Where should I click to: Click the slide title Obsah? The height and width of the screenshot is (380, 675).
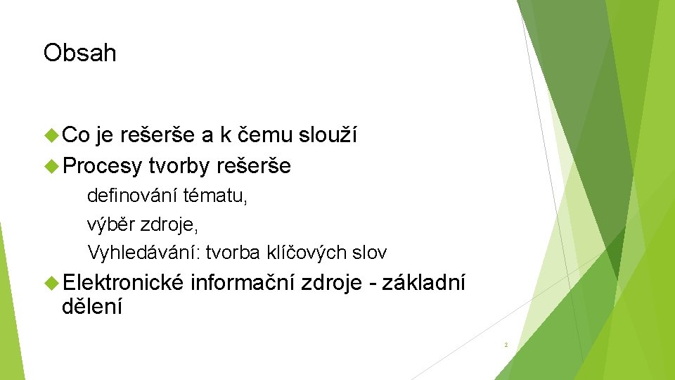tap(79, 53)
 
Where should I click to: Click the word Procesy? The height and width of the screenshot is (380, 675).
tap(102, 167)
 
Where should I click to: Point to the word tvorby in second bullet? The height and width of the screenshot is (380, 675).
tap(179, 167)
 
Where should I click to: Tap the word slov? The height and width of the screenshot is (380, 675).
tap(369, 252)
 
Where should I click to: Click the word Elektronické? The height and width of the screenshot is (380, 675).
tap(123, 283)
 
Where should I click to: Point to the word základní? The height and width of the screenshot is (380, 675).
tap(425, 283)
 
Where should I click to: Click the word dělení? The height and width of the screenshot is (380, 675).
tap(92, 307)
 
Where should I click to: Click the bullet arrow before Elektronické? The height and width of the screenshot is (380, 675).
tap(51, 283)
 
